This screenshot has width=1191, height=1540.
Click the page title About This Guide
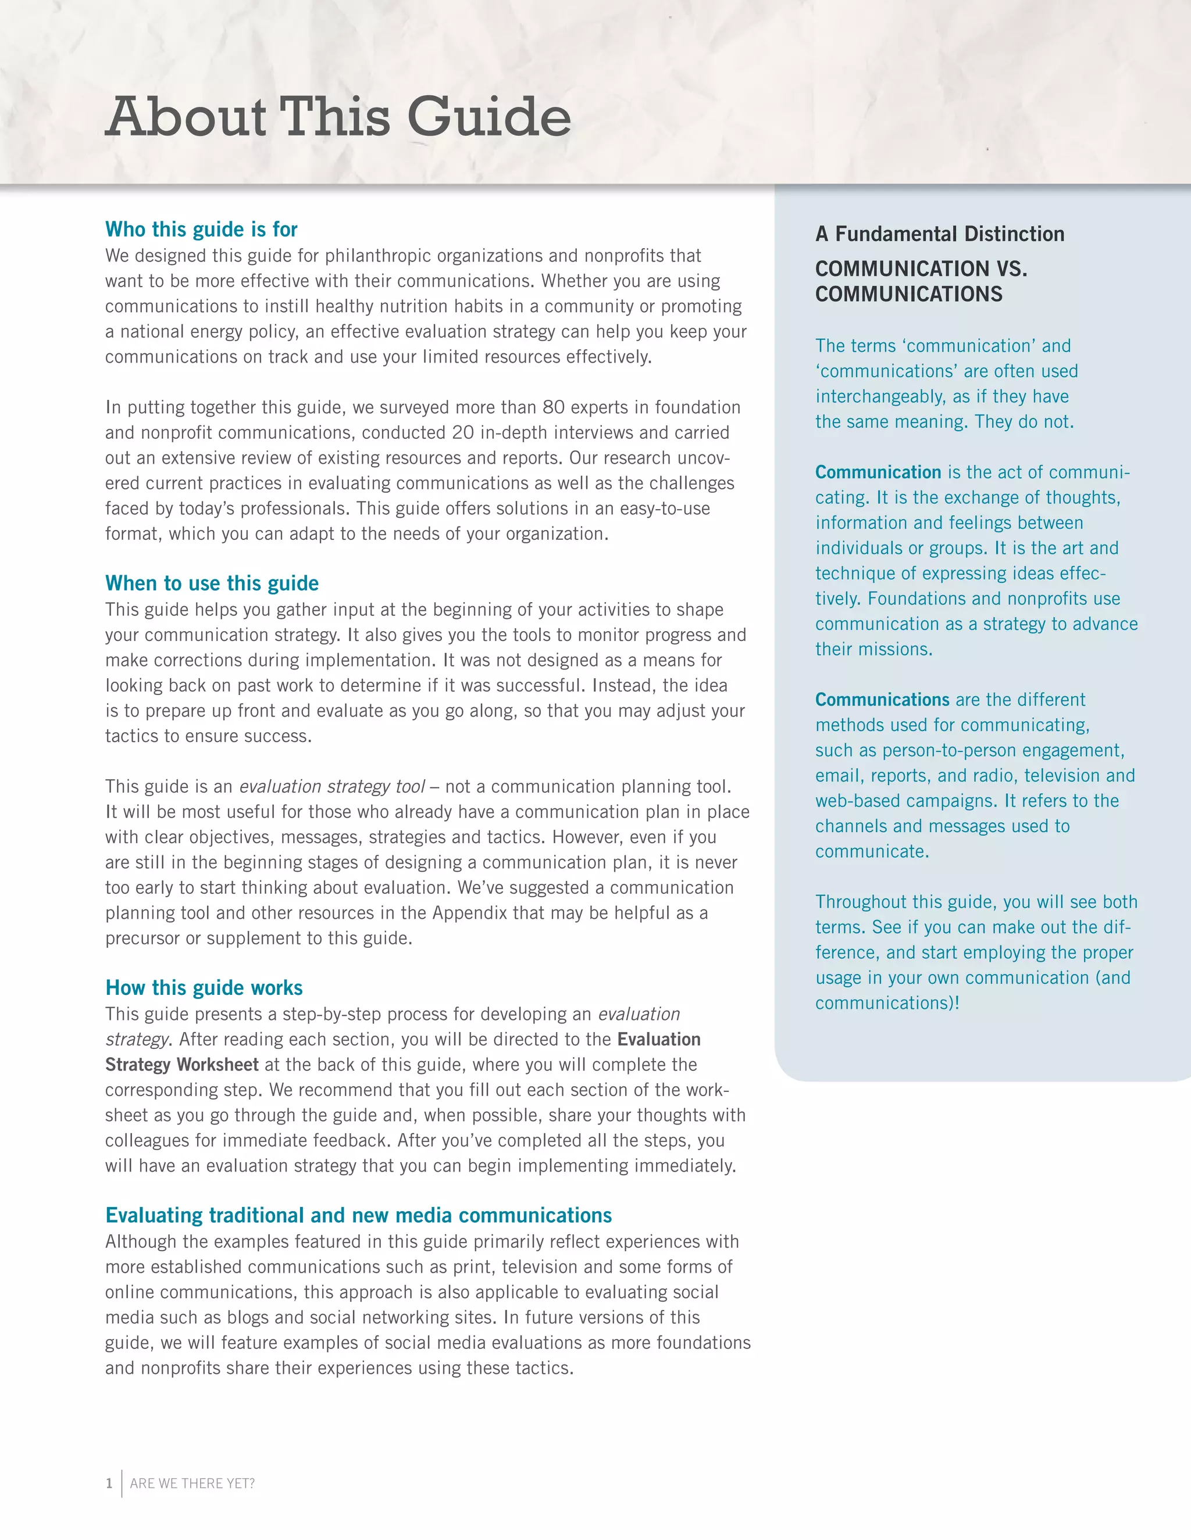pos(338,116)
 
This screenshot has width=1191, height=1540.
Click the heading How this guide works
pos(204,987)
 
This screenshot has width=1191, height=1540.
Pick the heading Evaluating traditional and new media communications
pos(358,1215)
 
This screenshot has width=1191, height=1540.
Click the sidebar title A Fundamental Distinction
pos(939,234)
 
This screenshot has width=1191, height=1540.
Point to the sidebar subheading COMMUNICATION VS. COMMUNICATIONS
pos(920,281)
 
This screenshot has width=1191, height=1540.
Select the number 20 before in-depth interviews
pos(463,433)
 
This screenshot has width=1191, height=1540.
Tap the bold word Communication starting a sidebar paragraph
pos(878,472)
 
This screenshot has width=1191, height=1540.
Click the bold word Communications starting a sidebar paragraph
pos(882,700)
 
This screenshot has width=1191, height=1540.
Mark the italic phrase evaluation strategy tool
pos(331,787)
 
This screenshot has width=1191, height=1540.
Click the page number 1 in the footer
pos(109,1483)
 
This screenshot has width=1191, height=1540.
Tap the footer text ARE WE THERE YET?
pos(192,1483)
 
